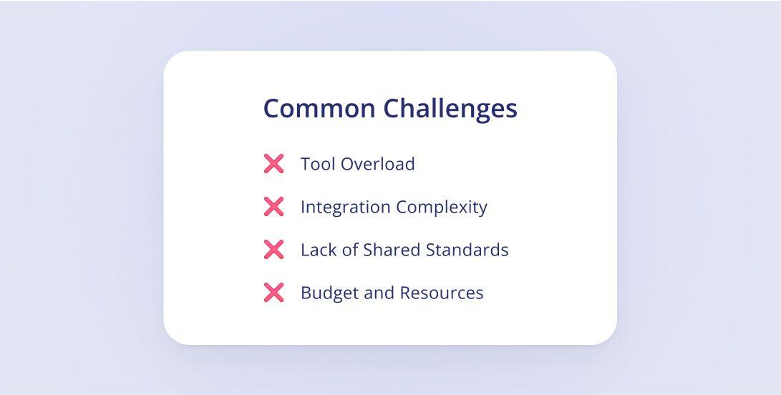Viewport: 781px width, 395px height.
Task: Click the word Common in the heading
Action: coord(319,108)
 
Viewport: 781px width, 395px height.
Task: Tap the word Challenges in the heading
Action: coord(450,109)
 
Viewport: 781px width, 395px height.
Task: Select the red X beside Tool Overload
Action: coord(274,163)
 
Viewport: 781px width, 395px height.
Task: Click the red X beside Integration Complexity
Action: coord(274,206)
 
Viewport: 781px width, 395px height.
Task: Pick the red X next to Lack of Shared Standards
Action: coord(274,249)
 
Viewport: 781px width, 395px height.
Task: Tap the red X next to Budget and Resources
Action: coord(274,292)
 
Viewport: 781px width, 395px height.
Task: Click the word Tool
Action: coord(318,164)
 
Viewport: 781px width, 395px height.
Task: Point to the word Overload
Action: coord(377,164)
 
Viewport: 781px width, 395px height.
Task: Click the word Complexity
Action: coord(441,208)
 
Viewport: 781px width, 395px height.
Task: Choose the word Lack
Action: coord(319,250)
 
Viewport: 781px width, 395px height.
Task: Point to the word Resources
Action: coord(441,293)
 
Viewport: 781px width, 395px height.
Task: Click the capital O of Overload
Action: coord(348,164)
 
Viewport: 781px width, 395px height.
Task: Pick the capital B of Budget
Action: coord(306,293)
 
